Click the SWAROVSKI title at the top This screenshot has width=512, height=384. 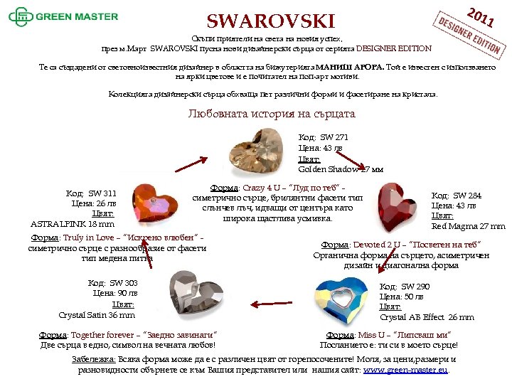point(270,20)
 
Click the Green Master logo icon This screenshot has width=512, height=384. point(20,15)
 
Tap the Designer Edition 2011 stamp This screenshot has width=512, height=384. point(470,31)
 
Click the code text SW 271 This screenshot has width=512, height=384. point(324,137)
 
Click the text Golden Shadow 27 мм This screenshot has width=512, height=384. point(341,169)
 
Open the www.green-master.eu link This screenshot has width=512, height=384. point(405,370)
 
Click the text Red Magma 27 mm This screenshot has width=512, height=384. point(468,226)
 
